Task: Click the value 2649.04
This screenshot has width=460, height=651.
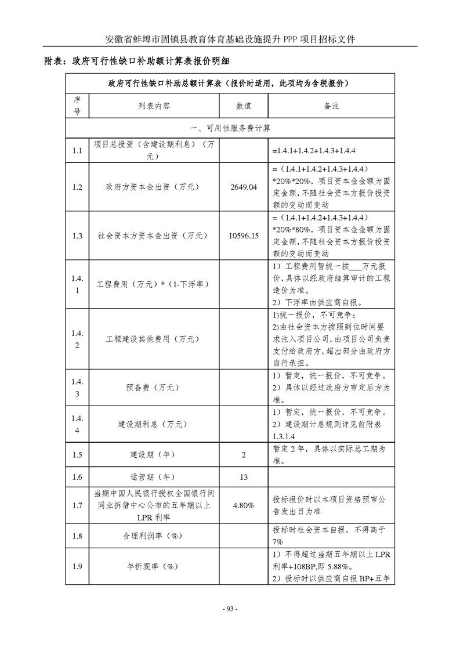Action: [x=243, y=187]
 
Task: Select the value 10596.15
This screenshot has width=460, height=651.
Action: [x=244, y=236]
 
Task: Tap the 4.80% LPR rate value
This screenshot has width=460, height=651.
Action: [x=244, y=505]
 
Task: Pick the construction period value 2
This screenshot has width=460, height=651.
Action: [x=244, y=455]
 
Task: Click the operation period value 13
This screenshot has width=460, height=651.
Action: [x=244, y=477]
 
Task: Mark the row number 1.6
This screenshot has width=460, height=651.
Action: [x=77, y=477]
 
